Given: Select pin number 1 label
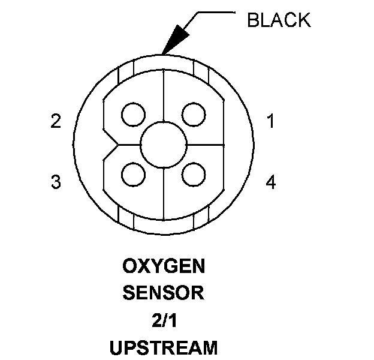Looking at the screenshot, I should (x=271, y=122).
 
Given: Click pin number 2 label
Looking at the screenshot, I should (x=56, y=122).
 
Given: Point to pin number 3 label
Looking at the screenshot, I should (x=56, y=182).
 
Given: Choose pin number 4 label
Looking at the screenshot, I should (x=271, y=182).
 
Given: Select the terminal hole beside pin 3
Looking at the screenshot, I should (x=132, y=175).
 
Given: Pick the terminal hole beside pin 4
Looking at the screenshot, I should (x=193, y=175).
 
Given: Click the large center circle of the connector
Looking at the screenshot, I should (x=163, y=145).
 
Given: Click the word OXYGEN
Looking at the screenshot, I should (x=163, y=266).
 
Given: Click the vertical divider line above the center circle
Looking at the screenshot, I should (x=163, y=102).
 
